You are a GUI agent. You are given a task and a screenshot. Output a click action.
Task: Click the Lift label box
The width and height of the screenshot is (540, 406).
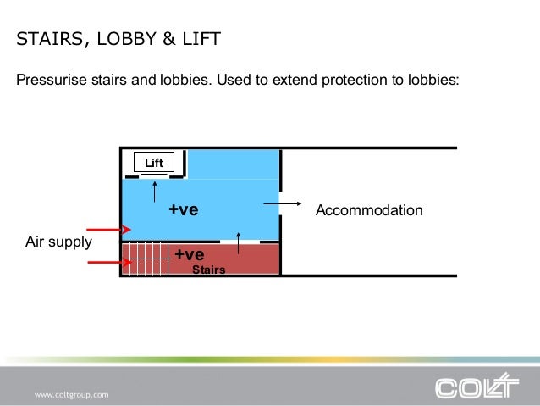pyautogui.click(x=153, y=163)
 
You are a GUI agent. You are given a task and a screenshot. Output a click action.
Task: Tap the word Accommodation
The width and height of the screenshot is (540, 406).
pyautogui.click(x=368, y=210)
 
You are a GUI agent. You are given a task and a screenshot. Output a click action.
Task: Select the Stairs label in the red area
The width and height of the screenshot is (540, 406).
pyautogui.click(x=208, y=270)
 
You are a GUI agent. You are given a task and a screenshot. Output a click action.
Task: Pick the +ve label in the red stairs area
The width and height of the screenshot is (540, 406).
pyautogui.click(x=189, y=254)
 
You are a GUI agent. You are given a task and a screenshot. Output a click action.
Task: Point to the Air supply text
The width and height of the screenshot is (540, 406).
pyautogui.click(x=58, y=242)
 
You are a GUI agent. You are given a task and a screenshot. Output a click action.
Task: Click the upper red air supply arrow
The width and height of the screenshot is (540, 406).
pyautogui.click(x=108, y=230)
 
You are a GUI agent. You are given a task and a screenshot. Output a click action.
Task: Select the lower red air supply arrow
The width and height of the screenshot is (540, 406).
pyautogui.click(x=108, y=263)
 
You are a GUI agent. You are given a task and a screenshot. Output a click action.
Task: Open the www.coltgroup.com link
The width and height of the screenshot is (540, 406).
pyautogui.click(x=71, y=395)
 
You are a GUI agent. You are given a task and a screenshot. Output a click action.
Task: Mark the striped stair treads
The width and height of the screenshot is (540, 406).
pyautogui.click(x=145, y=259)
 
